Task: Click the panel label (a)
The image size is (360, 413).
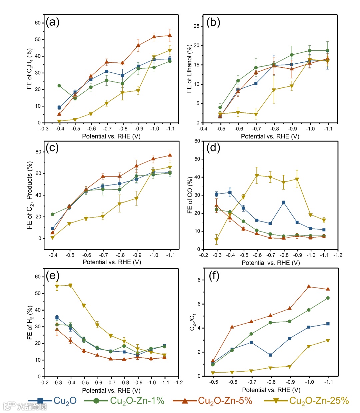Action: pyautogui.click(x=53, y=22)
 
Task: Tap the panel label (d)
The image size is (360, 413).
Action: pyautogui.click(x=213, y=147)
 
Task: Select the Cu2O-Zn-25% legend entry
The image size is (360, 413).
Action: pyautogui.click(x=306, y=400)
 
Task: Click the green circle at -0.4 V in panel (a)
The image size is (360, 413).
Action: pyautogui.click(x=59, y=86)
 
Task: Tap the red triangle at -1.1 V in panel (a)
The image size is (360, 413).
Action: pyautogui.click(x=170, y=35)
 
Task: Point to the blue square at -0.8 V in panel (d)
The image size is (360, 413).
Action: pyautogui.click(x=284, y=202)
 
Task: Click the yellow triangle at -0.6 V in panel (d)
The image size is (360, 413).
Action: pyautogui.click(x=257, y=175)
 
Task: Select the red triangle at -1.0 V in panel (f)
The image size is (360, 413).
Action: pyautogui.click(x=309, y=287)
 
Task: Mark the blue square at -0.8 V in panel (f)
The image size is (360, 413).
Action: pyautogui.click(x=270, y=355)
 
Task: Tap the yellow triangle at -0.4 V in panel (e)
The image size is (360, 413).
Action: pyautogui.click(x=70, y=285)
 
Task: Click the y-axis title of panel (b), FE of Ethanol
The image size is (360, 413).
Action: pyautogui.click(x=189, y=69)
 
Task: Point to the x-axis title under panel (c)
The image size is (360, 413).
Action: pyautogui.click(x=112, y=262)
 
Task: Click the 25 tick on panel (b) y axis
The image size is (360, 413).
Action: pyautogui.click(x=196, y=26)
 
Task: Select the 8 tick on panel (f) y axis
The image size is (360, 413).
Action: pyautogui.click(x=199, y=280)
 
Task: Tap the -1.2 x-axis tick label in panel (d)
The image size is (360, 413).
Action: pyautogui.click(x=338, y=255)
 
